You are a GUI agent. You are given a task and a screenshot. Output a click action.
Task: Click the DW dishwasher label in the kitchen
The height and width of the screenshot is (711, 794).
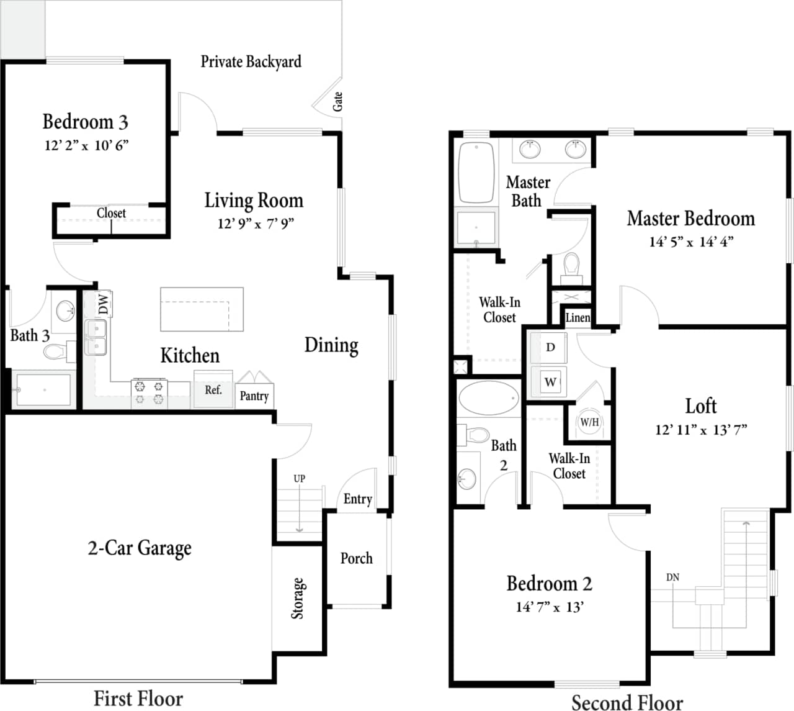click(x=104, y=304)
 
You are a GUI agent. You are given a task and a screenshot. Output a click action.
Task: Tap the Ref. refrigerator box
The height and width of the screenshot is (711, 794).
click(x=213, y=389)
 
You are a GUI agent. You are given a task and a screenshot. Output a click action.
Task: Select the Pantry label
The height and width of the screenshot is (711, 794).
click(x=254, y=396)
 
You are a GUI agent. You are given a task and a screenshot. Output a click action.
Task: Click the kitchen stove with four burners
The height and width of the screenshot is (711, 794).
click(x=149, y=393)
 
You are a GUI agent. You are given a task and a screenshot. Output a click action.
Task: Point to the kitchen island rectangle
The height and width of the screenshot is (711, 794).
click(x=202, y=309)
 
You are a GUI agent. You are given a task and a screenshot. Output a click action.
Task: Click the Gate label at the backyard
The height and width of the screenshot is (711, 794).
click(x=338, y=101)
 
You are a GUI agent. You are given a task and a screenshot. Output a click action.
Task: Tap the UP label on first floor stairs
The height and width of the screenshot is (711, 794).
click(x=300, y=479)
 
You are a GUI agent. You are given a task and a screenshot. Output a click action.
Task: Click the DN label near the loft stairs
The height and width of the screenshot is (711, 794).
click(x=673, y=577)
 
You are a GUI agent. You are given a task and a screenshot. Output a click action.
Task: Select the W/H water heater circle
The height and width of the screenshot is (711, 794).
click(x=589, y=422)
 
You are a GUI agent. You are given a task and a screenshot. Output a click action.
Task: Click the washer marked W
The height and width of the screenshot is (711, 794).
click(x=550, y=382)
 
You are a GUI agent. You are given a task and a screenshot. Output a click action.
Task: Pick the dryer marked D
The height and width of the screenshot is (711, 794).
click(x=550, y=347)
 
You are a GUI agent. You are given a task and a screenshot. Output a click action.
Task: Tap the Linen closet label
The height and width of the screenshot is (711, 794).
click(x=578, y=318)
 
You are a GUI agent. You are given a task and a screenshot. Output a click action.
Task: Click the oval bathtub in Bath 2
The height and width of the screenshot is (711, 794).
click(x=489, y=397)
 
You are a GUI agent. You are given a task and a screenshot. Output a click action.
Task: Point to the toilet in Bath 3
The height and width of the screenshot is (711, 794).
click(x=56, y=352)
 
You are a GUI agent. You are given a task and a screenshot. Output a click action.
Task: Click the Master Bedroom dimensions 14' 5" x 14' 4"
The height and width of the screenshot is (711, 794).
click(x=691, y=242)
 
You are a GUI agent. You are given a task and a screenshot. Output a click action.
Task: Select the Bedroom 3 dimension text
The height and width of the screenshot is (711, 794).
click(x=86, y=145)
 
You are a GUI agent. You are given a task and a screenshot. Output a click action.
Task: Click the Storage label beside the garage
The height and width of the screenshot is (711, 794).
click(x=298, y=599)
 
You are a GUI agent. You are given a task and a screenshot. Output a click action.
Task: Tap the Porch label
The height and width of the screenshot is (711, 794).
click(x=357, y=558)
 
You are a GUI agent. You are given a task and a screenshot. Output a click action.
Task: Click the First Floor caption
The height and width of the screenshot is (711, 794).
click(x=138, y=699)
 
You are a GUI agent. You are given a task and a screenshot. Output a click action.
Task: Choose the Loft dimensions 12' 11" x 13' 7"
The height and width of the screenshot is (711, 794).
click(x=701, y=429)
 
